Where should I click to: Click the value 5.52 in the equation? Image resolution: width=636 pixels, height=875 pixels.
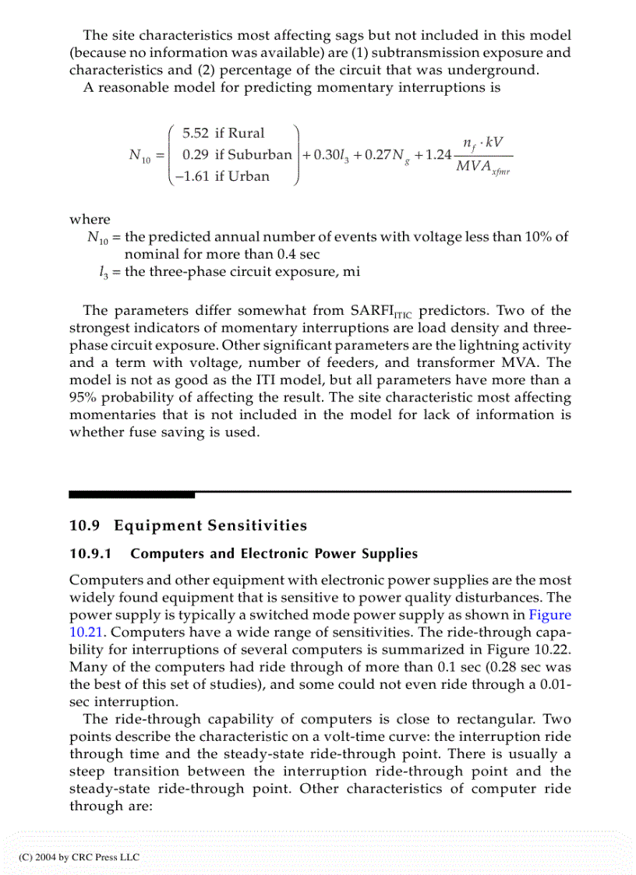[x=196, y=133]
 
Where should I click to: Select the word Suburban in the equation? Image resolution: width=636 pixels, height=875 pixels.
[x=260, y=154]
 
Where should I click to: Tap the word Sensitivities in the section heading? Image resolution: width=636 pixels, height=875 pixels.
[x=257, y=525]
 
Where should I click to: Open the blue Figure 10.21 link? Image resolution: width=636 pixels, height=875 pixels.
[x=549, y=615]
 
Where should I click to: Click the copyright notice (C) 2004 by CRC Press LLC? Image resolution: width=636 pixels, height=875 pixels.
[x=78, y=856]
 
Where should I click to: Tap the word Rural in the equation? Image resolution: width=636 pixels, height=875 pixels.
[x=246, y=133]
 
